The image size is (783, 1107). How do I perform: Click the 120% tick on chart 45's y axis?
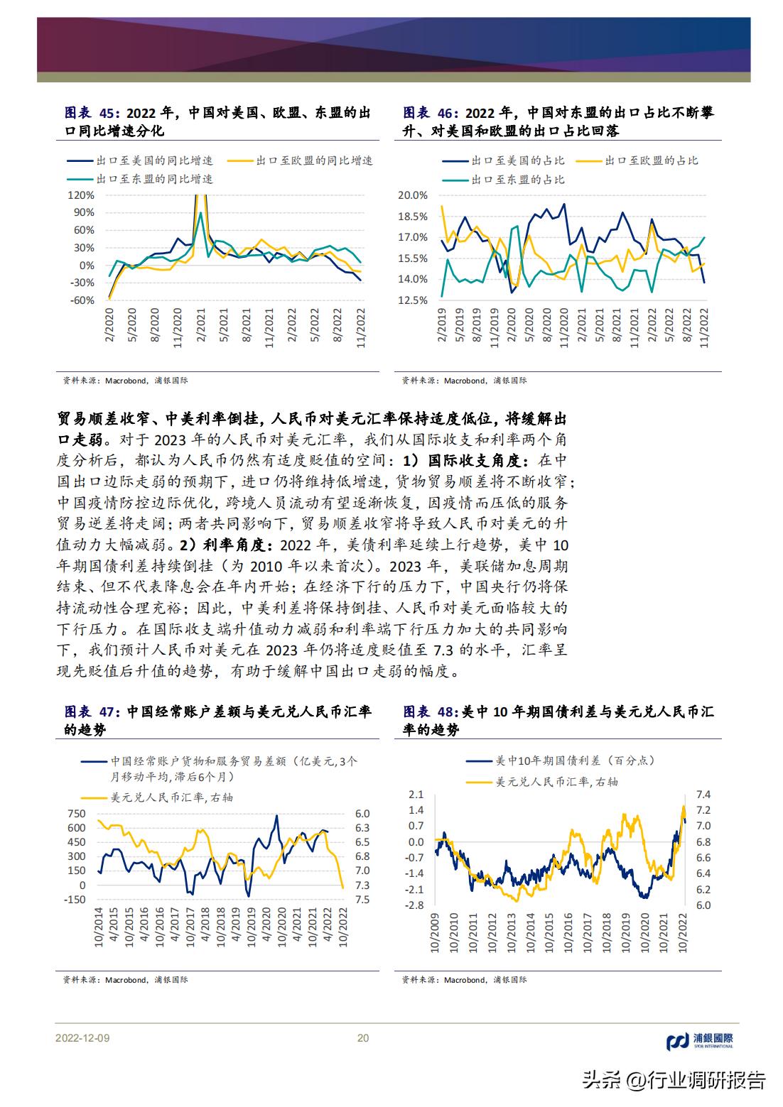[82, 195]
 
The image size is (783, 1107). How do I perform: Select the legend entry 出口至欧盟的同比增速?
[313, 160]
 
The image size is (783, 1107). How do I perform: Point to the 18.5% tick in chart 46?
[414, 216]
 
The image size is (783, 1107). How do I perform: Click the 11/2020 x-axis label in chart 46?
[564, 326]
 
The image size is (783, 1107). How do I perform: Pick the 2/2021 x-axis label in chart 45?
[201, 326]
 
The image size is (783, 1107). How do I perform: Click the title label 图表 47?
[88, 712]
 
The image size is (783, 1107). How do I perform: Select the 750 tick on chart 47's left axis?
[76, 813]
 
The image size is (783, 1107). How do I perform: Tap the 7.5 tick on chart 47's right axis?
[362, 899]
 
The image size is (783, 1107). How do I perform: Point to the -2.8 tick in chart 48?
[416, 905]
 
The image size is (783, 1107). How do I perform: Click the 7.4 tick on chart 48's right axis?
[703, 794]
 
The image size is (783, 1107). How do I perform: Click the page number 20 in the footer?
[362, 1037]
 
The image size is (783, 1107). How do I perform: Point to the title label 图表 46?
[428, 113]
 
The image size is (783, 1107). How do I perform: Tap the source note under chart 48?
[464, 979]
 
